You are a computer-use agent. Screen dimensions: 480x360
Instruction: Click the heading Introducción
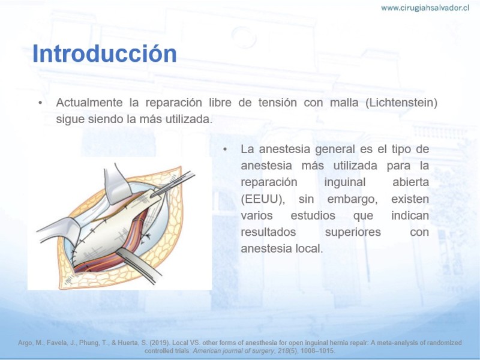coord(104,53)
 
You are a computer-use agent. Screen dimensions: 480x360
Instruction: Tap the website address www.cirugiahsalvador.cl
coord(425,8)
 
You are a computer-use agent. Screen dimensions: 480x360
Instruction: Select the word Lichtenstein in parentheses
coord(401,102)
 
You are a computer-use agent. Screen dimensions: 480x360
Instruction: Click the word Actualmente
coord(89,102)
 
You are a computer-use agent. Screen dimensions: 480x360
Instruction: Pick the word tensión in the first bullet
coord(277,102)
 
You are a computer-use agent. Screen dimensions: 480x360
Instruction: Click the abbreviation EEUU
coord(261,199)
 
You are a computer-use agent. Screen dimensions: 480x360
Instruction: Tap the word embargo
coord(352,200)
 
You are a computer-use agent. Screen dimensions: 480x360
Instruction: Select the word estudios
coord(313,215)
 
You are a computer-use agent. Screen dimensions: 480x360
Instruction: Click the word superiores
coord(353,232)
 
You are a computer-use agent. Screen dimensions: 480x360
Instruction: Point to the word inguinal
coord(344,182)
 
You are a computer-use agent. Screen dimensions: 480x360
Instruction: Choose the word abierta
coord(410,182)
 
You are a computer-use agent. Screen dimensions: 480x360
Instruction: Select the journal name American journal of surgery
coord(233,351)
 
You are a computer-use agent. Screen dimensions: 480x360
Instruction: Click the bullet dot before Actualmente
coord(40,103)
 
